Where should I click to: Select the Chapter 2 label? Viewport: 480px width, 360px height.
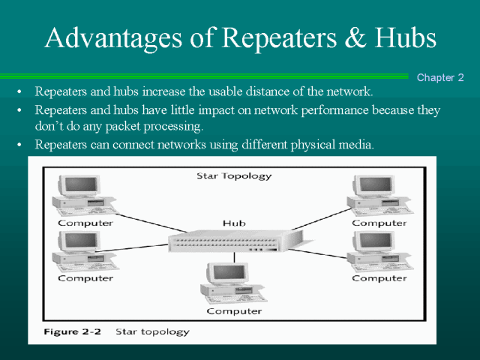click(440, 77)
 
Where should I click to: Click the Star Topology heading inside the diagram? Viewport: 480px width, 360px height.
click(234, 176)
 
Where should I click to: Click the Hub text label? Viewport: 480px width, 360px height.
click(234, 223)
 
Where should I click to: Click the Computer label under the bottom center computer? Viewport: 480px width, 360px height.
click(234, 310)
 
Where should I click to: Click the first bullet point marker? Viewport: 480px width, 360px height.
click(18, 92)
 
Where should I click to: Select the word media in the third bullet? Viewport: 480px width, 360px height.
click(355, 144)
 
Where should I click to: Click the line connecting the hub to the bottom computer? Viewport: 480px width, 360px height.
click(234, 257)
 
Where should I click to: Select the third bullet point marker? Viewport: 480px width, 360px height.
click(18, 144)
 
